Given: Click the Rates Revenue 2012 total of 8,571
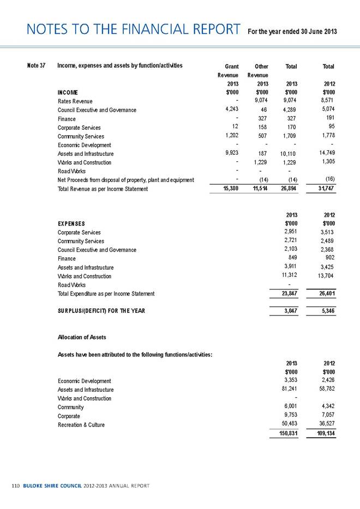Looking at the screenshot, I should [326, 101].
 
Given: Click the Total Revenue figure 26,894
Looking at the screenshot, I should [289, 189].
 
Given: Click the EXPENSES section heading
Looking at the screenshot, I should [74, 223].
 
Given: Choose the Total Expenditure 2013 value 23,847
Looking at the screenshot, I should [290, 294].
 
